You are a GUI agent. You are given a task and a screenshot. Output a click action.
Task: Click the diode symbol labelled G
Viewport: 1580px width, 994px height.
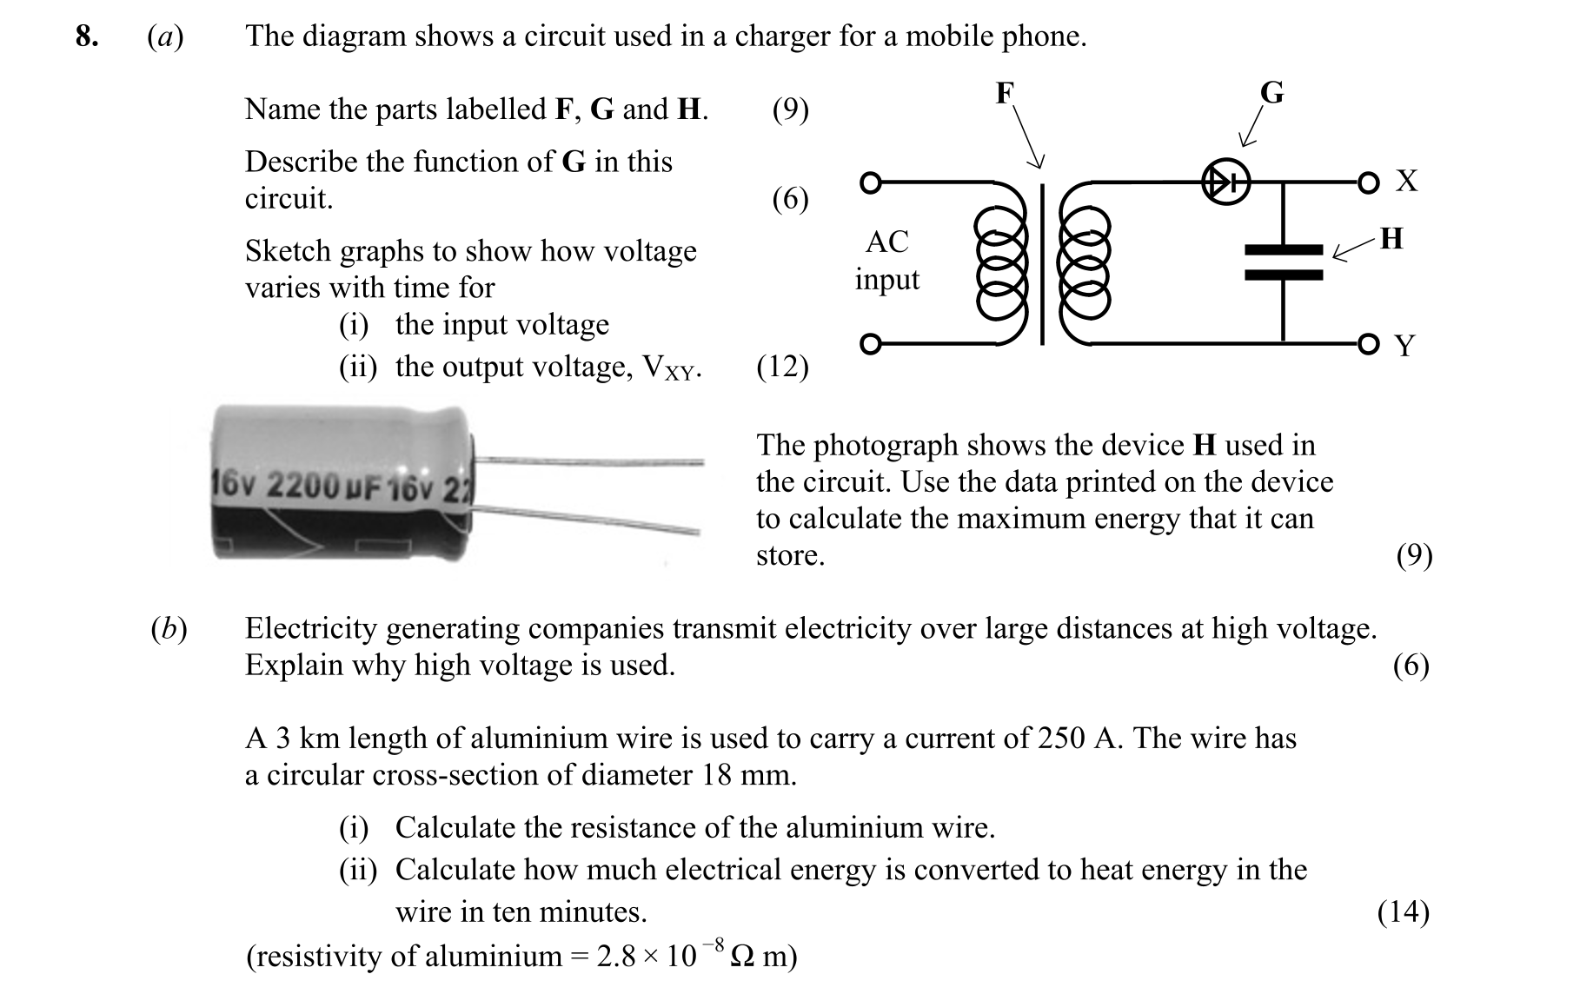pyautogui.click(x=1225, y=182)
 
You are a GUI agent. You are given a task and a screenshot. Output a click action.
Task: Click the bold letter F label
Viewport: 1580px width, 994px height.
pyautogui.click(x=1005, y=92)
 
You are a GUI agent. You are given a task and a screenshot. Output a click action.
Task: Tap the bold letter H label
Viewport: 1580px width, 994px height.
pyautogui.click(x=1391, y=238)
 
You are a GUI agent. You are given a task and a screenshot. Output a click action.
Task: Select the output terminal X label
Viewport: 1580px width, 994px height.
pyautogui.click(x=1406, y=181)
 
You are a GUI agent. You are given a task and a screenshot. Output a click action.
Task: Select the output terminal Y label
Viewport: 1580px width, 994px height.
pyautogui.click(x=1404, y=346)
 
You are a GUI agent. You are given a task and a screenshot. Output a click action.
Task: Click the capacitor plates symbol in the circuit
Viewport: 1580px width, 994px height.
pyautogui.click(x=1284, y=262)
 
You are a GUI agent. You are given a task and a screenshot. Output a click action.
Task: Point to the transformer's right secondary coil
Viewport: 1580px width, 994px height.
pyautogui.click(x=1084, y=264)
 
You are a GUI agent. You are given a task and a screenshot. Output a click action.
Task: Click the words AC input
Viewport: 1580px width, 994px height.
pyautogui.click(x=886, y=260)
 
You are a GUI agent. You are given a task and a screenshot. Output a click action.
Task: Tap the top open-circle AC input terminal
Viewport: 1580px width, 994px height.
pyautogui.click(x=870, y=182)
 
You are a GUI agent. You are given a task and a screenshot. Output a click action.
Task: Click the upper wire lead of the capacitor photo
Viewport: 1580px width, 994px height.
pyautogui.click(x=591, y=461)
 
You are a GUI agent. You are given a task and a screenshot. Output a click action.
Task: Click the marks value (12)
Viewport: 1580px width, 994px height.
pyautogui.click(x=782, y=367)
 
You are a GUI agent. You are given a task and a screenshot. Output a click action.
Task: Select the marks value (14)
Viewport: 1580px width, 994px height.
pyautogui.click(x=1403, y=911)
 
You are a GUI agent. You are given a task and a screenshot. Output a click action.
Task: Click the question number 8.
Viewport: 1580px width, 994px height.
pyautogui.click(x=86, y=36)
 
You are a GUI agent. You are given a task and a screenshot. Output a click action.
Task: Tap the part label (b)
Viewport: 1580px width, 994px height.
pyautogui.click(x=169, y=628)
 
